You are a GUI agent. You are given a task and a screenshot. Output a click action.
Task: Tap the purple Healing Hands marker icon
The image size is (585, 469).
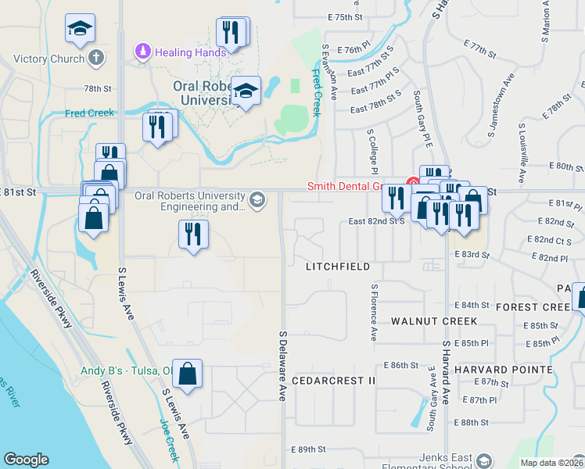[x=142, y=52]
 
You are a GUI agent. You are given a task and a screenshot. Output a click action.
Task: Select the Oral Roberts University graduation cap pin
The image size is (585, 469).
[x=246, y=91]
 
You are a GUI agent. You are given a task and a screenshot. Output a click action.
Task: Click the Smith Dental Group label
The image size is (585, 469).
[x=344, y=187]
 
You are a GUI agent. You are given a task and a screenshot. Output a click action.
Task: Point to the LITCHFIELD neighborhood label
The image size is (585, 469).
[x=338, y=267]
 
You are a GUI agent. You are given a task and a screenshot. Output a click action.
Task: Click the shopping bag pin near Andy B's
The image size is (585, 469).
[x=188, y=374]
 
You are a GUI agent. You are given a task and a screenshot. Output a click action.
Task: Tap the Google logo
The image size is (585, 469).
[x=26, y=460]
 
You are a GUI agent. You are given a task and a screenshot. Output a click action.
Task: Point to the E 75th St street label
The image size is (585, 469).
[x=346, y=16]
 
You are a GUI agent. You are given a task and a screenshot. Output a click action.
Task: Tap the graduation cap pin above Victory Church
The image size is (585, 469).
[x=80, y=30]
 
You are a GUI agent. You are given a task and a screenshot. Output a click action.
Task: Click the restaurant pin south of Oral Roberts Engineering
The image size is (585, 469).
[x=193, y=234]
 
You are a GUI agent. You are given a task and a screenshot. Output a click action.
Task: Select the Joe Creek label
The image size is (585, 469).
[x=169, y=438]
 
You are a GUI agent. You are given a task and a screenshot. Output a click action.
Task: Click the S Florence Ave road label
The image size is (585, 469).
[x=375, y=312]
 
